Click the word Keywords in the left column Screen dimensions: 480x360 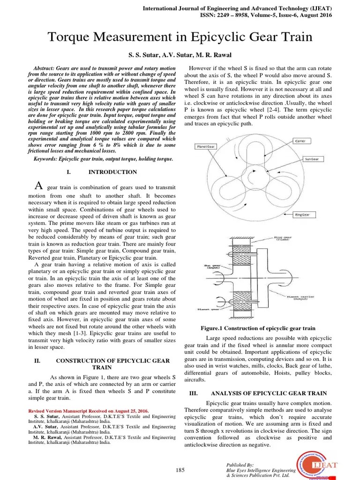click(46, 159)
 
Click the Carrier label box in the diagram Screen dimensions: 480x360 click(300, 141)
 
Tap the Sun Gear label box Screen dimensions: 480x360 click(312, 159)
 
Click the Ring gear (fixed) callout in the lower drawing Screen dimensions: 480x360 click(284, 239)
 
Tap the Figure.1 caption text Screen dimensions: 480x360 click(258, 329)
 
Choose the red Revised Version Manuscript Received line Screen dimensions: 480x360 click(89, 411)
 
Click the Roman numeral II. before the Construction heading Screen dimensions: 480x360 click(39, 361)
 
